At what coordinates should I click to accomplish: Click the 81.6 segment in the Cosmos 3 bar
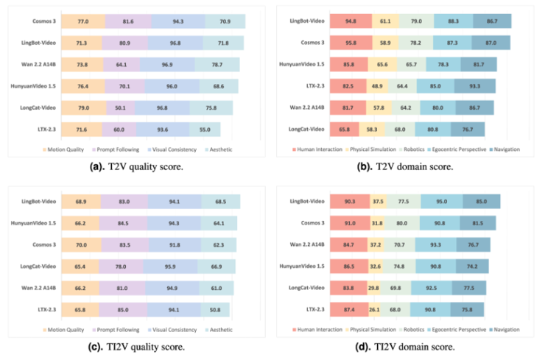pos(128,21)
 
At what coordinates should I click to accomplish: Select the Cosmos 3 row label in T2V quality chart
pos(44,21)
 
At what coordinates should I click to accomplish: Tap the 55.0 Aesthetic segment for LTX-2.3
pos(205,130)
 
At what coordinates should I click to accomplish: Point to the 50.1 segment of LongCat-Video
pos(121,107)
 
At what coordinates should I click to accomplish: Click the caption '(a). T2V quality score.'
pos(136,167)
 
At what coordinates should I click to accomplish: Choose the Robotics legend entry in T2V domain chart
pos(412,149)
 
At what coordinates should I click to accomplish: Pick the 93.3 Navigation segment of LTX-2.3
pos(475,86)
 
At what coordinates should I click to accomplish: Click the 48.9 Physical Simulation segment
pos(377,86)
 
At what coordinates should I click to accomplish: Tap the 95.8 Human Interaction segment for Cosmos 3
pos(351,43)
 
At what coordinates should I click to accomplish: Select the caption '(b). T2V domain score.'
pos(405,167)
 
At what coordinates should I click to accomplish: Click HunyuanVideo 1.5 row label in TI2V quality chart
pos(33,223)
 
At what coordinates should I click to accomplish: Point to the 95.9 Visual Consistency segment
pos(170,267)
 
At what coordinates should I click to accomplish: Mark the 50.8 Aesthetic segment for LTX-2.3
pos(215,310)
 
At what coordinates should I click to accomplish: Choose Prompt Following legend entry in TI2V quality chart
pos(116,330)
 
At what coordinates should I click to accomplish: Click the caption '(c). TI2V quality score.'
pos(136,347)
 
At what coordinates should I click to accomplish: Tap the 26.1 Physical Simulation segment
pos(374,310)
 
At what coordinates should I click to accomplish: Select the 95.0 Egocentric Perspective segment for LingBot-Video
pos(442,202)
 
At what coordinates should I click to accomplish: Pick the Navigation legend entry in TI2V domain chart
pos(504,329)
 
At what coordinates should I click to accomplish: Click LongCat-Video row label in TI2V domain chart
pos(306,288)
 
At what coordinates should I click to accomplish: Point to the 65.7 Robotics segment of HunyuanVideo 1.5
pos(411,65)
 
